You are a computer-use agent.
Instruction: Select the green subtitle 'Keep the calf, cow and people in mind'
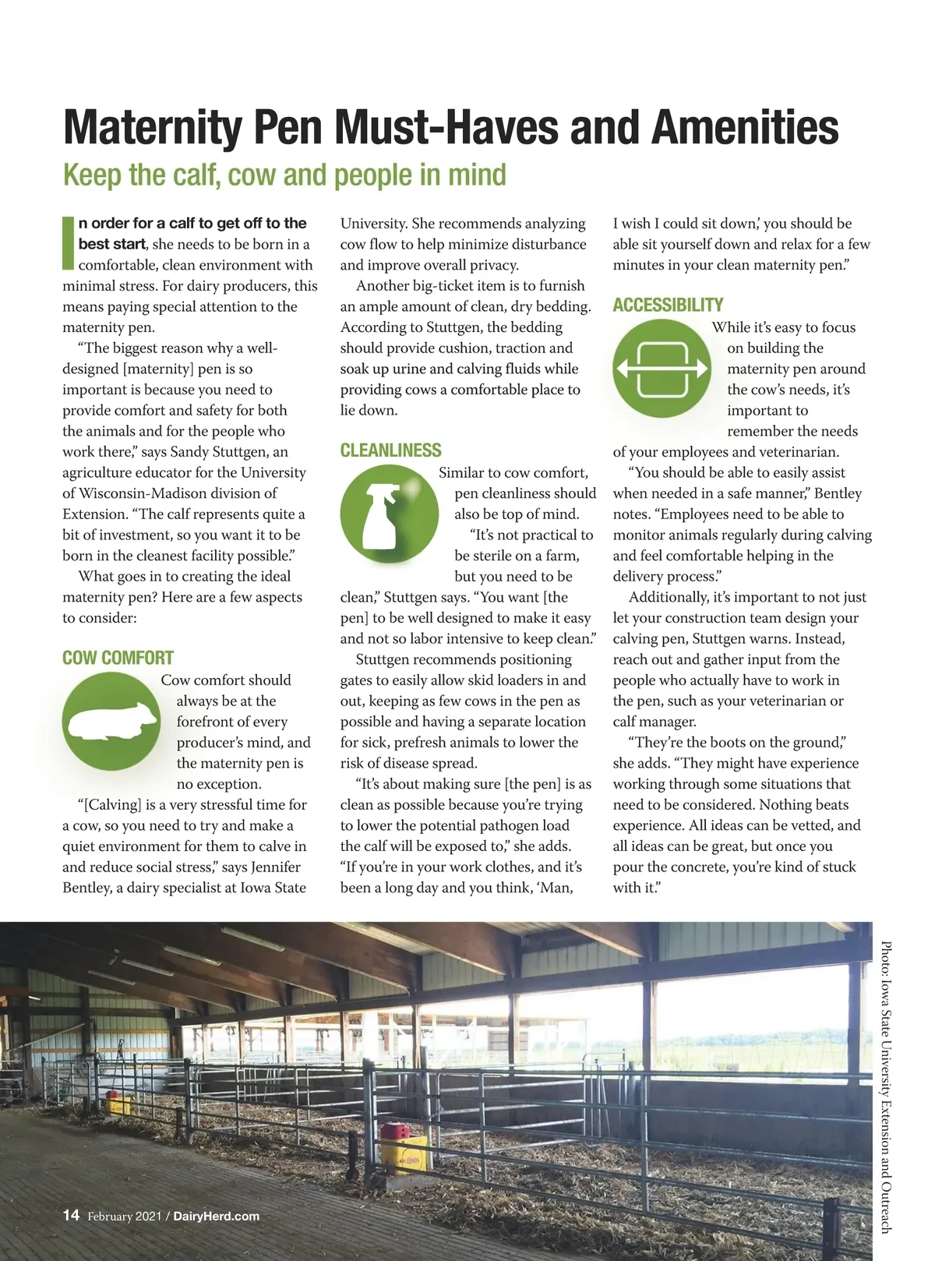pos(284,175)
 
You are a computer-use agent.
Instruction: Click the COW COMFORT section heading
pos(118,658)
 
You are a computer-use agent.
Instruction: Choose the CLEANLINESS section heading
pos(390,450)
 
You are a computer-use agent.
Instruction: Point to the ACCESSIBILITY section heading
pos(668,305)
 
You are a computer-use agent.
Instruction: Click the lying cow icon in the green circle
pos(111,722)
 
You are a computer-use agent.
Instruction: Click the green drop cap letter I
pos(69,242)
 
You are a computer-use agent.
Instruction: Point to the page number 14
pos(71,1215)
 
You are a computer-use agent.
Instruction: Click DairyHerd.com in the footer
pos(216,1216)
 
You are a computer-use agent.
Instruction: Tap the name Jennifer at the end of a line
pos(276,867)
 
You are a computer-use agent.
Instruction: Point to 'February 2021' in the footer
pos(124,1216)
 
